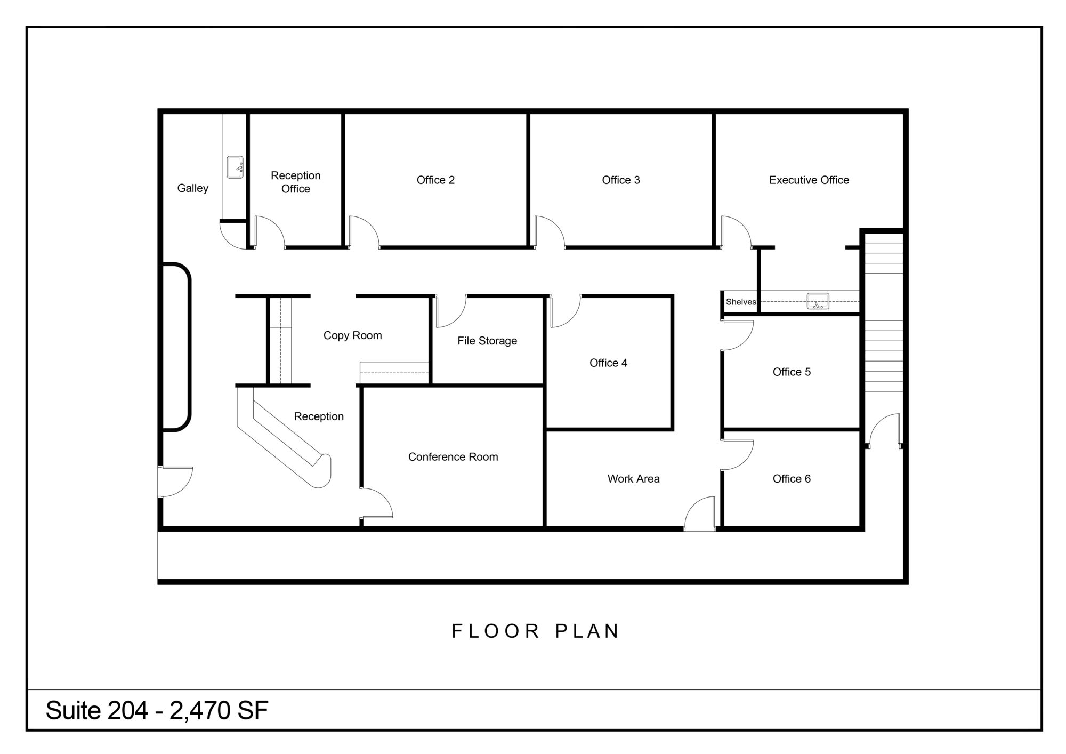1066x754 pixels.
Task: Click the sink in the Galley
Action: click(x=235, y=167)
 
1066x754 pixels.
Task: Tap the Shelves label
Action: click(x=741, y=302)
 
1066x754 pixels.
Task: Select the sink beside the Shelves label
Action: click(x=818, y=301)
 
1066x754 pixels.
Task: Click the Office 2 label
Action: click(x=435, y=180)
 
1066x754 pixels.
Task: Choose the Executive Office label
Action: click(x=809, y=180)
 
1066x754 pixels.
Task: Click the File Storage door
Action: click(x=451, y=311)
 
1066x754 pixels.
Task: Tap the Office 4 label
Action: click(x=608, y=363)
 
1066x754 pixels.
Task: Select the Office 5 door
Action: click(x=738, y=335)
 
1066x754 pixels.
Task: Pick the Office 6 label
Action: click(x=792, y=479)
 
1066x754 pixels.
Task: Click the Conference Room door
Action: click(x=377, y=503)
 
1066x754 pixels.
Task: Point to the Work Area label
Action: click(x=633, y=479)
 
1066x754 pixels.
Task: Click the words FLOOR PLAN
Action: click(x=535, y=631)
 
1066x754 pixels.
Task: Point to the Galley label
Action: click(x=193, y=188)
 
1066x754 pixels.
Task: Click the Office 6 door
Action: click(x=738, y=455)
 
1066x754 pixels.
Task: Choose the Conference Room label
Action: click(x=453, y=457)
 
